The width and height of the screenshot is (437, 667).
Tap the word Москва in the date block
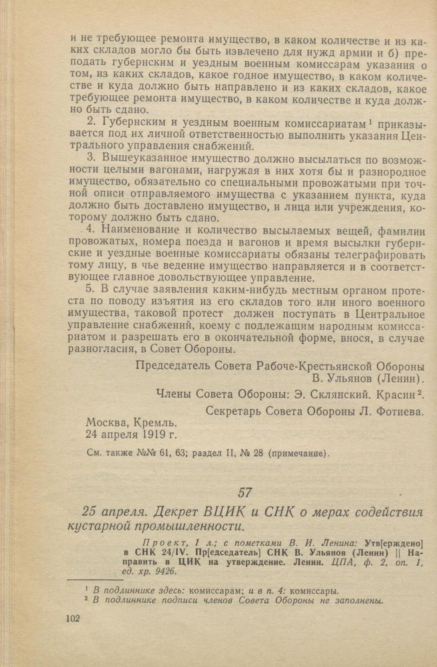[x=108, y=423]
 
